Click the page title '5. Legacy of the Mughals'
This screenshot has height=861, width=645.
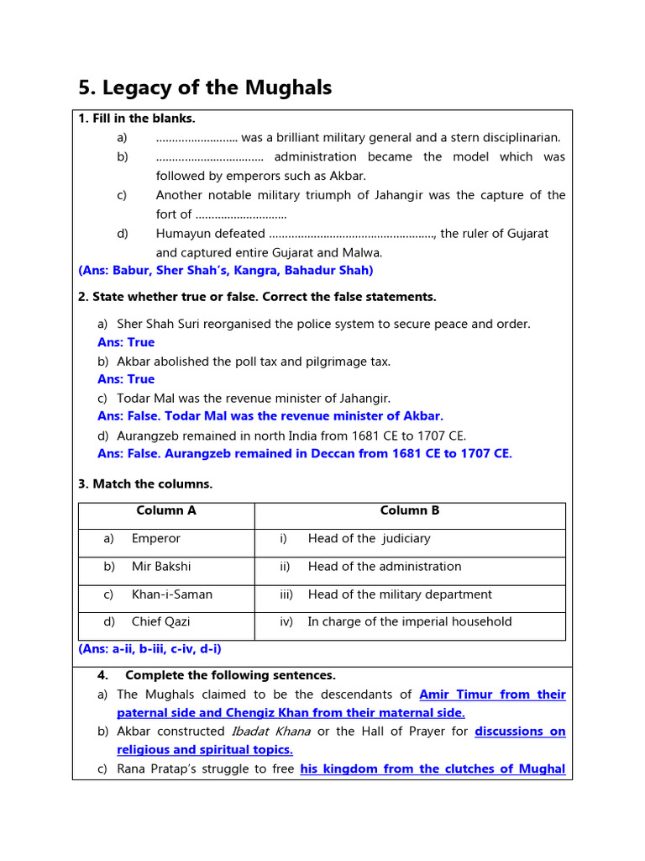205,87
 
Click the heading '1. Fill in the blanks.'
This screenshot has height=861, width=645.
137,119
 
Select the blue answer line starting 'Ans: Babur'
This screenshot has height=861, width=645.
226,270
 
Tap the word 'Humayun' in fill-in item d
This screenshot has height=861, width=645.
183,234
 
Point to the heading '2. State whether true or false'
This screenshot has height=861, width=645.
257,297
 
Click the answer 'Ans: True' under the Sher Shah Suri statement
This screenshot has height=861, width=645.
126,342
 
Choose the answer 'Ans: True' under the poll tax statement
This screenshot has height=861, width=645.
126,379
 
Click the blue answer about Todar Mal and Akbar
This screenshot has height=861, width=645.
270,416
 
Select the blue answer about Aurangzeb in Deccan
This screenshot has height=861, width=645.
304,453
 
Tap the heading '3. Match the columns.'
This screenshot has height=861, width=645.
145,483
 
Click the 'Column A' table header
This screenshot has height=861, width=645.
166,510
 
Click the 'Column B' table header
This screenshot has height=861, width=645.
410,510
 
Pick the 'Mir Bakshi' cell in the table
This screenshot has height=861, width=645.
161,567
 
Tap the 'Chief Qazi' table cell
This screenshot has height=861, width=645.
160,622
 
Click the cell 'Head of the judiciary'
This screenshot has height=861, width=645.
369,538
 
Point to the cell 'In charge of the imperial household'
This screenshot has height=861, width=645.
409,622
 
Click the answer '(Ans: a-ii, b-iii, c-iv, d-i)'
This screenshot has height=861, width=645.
150,649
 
